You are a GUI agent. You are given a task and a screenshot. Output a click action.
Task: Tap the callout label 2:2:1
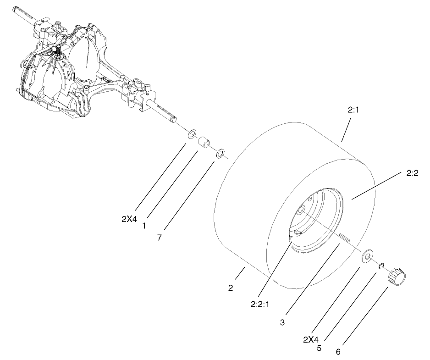pyautogui.click(x=259, y=303)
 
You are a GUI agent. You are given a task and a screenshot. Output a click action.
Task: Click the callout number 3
pyautogui.click(x=282, y=322)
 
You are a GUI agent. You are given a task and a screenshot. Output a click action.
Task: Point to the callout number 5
pyautogui.click(x=319, y=348)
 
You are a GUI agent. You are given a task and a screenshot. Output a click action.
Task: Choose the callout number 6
pyautogui.click(x=338, y=352)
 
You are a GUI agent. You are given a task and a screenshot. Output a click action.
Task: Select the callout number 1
pyautogui.click(x=144, y=226)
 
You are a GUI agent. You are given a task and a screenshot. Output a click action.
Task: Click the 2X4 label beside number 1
pyautogui.click(x=129, y=219)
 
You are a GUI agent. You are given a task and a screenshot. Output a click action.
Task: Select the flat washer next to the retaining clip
pyautogui.click(x=368, y=256)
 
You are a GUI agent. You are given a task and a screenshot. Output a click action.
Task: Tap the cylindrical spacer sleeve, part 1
pyautogui.click(x=204, y=144)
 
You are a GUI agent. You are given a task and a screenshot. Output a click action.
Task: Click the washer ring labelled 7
pyautogui.click(x=221, y=153)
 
